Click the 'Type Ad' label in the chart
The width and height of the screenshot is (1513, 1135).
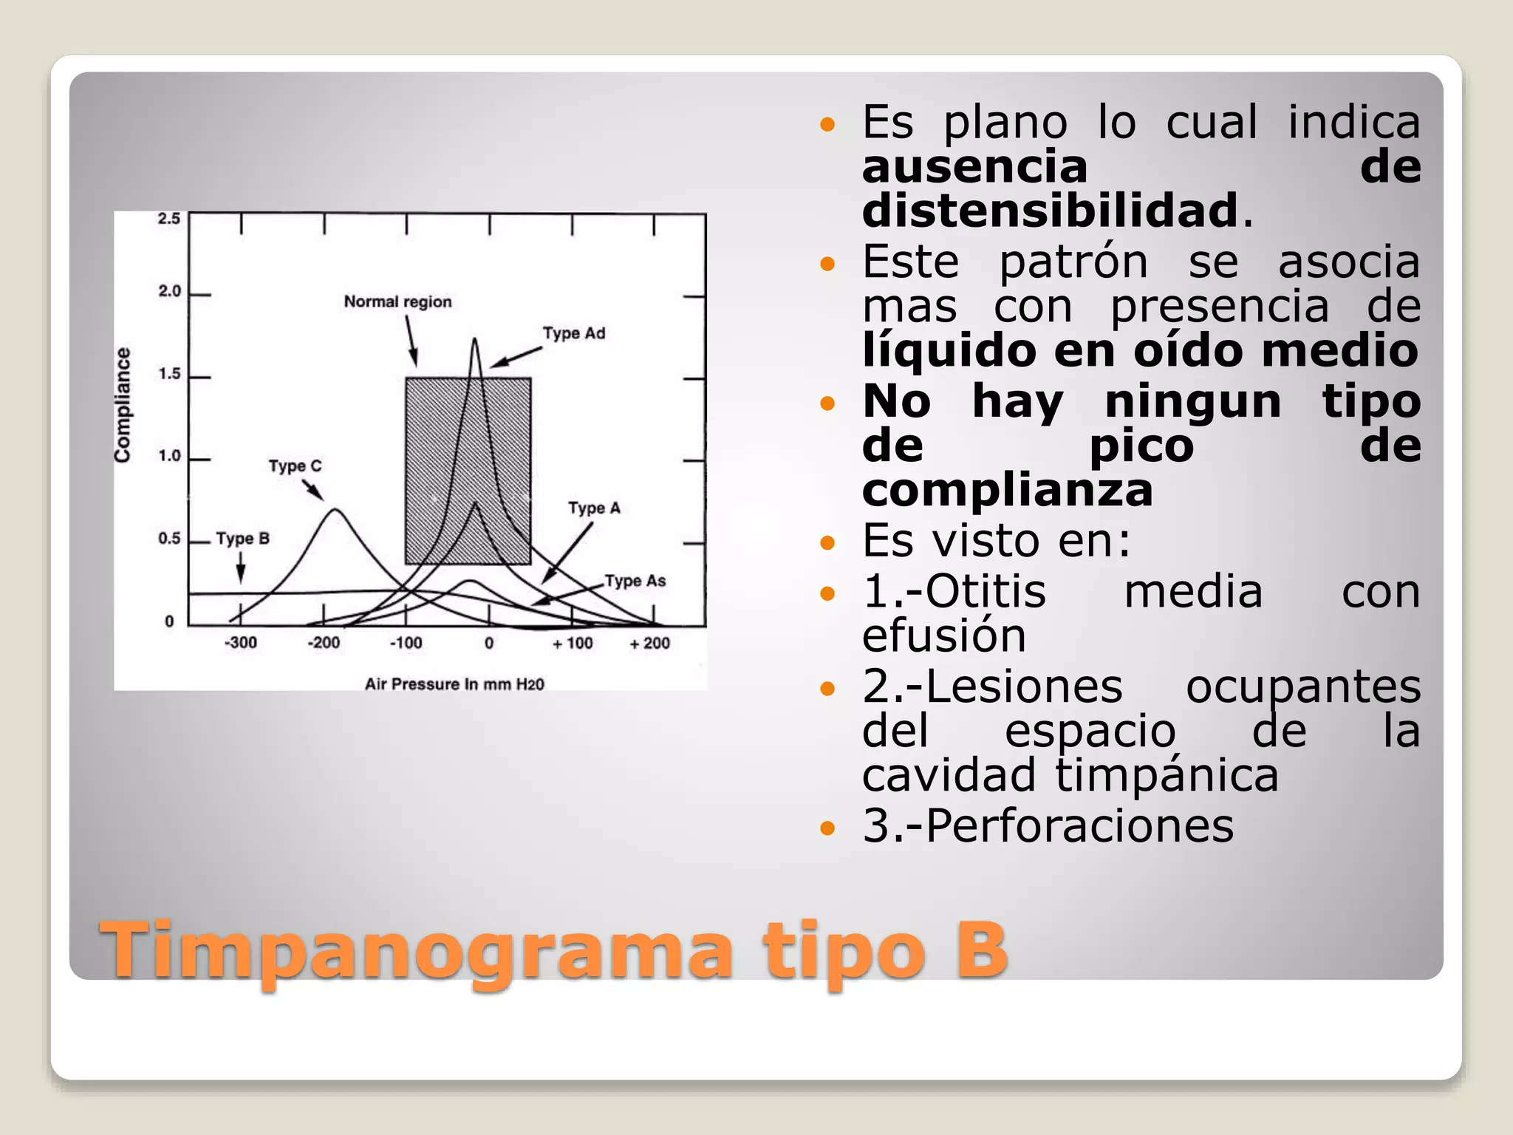574,333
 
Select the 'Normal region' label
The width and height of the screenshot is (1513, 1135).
397,301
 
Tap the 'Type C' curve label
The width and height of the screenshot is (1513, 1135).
295,466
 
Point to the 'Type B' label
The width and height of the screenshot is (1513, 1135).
242,539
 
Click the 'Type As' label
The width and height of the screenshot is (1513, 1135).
635,581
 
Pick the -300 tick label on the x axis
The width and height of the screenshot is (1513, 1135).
240,643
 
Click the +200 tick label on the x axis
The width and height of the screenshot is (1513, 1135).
649,644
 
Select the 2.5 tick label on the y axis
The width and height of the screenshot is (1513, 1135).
169,219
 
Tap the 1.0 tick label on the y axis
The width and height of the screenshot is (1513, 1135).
169,456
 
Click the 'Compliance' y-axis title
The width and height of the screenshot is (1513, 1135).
123,405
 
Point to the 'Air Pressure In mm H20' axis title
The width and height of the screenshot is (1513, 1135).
454,684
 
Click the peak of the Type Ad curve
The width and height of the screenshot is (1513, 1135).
475,340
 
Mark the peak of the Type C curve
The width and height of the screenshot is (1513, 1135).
335,510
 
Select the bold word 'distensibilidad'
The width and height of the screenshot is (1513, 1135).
1050,211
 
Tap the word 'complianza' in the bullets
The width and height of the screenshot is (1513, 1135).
1007,490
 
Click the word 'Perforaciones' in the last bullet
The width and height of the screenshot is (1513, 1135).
1079,825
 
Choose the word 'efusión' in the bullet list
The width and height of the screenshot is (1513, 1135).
944,635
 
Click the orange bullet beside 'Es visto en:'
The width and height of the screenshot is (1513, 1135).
827,544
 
